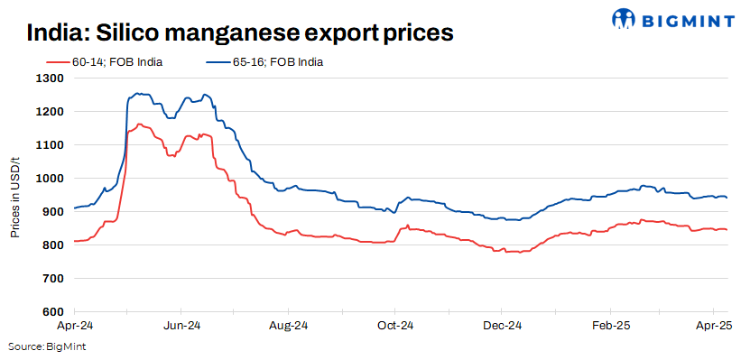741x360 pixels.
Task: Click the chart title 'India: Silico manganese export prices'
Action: (x=239, y=32)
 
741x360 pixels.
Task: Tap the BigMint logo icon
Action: (x=625, y=18)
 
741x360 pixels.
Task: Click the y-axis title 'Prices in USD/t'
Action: (x=15, y=195)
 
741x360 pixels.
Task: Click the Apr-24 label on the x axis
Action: (x=74, y=325)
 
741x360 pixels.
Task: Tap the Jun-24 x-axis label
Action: (x=181, y=325)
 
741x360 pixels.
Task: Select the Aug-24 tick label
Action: (x=290, y=325)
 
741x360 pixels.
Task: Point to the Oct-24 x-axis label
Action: (x=395, y=325)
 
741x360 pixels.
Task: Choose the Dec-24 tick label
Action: (x=503, y=325)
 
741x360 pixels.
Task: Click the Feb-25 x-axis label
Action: (x=609, y=325)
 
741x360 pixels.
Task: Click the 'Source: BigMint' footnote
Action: (x=47, y=346)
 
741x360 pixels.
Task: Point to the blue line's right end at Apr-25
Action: (x=727, y=198)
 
